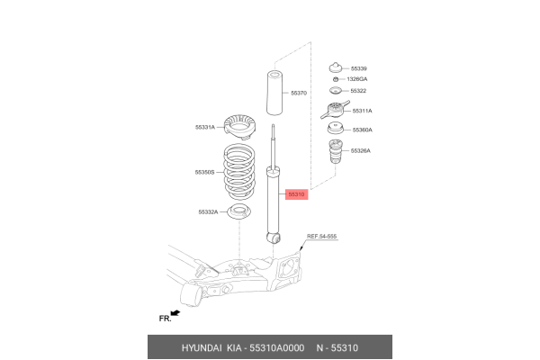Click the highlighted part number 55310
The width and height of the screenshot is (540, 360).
click(297, 193)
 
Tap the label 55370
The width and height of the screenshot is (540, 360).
click(299, 93)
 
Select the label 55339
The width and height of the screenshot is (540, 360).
click(359, 68)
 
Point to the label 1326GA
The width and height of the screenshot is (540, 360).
click(358, 79)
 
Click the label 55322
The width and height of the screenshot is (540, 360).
click(359, 92)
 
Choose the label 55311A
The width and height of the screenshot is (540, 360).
click(363, 111)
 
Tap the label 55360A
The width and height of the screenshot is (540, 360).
click(362, 130)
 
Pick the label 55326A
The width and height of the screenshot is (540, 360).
click(362, 151)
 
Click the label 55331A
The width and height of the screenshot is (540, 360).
click(205, 128)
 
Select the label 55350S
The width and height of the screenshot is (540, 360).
click(205, 171)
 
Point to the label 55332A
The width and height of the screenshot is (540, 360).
click(209, 212)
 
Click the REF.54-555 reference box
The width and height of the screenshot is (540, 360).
click(321, 236)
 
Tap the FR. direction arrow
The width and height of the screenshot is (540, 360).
click(173, 313)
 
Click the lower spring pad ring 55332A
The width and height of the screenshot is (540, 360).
click(239, 213)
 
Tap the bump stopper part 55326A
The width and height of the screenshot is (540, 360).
click(335, 153)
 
